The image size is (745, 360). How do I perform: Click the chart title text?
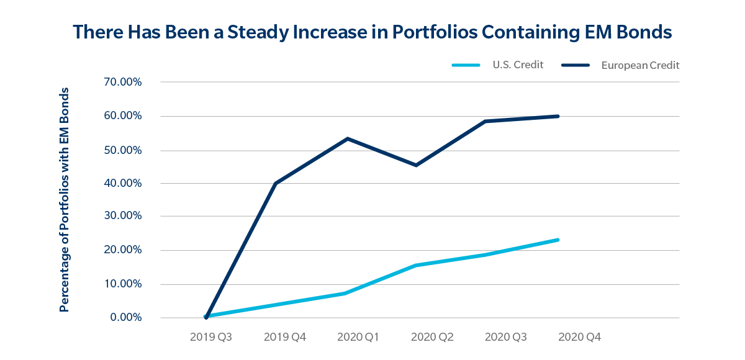372,32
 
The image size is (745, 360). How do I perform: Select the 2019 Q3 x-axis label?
211,338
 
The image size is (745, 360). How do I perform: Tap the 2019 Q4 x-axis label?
285,338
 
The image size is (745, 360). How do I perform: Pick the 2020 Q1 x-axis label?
358,338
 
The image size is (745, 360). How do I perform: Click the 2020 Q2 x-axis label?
432,338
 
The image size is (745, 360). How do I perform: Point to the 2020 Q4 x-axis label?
579,338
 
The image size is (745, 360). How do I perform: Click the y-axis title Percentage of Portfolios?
64,199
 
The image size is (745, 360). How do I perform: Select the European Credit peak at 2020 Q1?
348,138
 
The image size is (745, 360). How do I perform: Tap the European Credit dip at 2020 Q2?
416,165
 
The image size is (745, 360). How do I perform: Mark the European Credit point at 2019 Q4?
275,184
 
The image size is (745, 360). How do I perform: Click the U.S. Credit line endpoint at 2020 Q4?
558,240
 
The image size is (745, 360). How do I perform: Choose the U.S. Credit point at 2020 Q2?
416,265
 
